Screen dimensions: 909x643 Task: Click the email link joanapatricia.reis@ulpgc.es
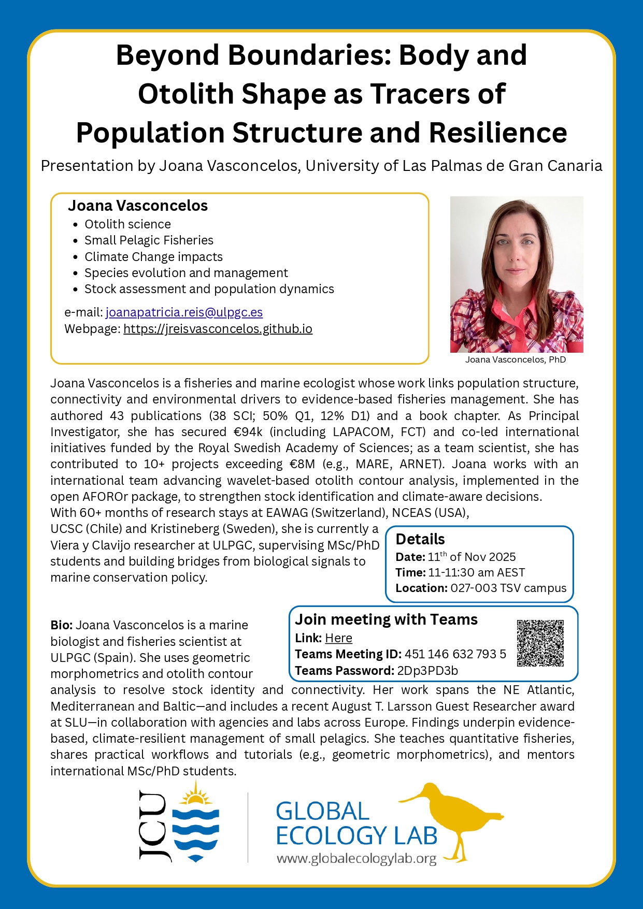tap(184, 312)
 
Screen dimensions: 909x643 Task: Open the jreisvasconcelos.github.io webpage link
tap(218, 329)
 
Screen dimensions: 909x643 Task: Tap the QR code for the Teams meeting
tap(540, 643)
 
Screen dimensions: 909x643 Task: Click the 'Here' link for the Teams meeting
tap(338, 638)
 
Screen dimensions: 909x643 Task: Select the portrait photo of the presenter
tap(517, 274)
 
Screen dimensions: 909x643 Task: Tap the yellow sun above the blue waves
tap(195, 795)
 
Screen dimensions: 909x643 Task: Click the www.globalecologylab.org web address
tap(356, 859)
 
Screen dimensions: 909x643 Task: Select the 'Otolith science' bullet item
tap(127, 224)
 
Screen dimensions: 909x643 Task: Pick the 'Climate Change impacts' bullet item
tap(153, 257)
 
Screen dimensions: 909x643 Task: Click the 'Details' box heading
tap(420, 539)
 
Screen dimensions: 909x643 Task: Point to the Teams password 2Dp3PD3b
tap(427, 671)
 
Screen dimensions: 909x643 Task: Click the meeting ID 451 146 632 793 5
tap(455, 654)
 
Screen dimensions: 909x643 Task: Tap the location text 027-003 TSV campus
tap(508, 588)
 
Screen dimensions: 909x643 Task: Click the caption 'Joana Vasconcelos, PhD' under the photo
tap(516, 359)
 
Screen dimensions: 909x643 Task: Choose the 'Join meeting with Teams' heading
tap(386, 619)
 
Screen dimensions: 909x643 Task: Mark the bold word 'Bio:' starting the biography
tap(61, 625)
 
